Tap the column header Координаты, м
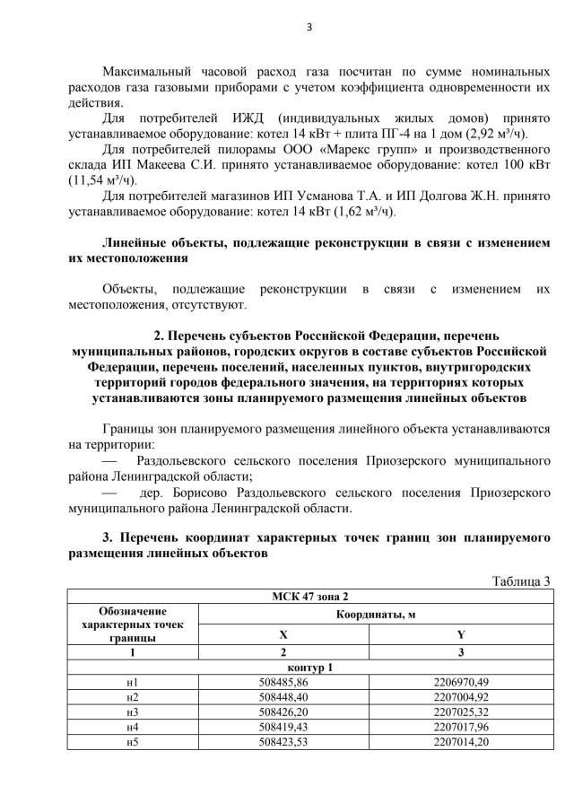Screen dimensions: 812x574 point(375,615)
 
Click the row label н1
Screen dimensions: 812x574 point(133,684)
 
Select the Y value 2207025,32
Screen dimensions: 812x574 point(461,712)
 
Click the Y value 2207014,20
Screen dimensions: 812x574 point(461,740)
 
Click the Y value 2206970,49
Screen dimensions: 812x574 point(461,684)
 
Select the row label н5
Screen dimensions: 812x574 point(133,740)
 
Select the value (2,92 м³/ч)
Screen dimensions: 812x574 point(492,134)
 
